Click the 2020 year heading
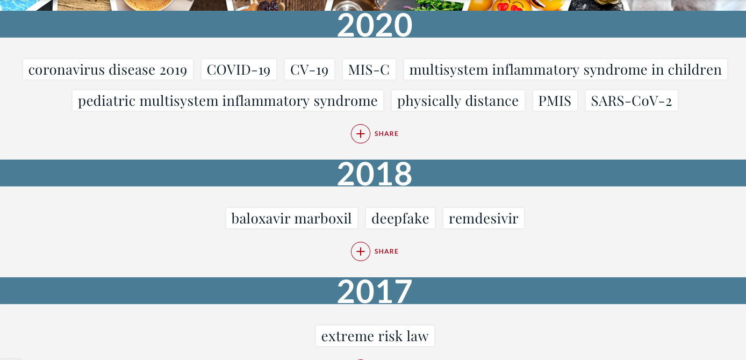[375, 25]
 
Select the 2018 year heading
[375, 174]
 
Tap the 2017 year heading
[375, 291]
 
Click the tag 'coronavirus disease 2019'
[108, 70]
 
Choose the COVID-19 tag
[239, 70]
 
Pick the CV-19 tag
[310, 70]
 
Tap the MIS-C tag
[369, 70]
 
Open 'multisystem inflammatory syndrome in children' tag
[565, 70]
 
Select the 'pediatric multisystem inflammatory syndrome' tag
[228, 100]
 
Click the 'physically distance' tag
[458, 100]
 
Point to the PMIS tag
[555, 100]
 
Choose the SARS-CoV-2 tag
[632, 100]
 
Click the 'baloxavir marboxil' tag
[292, 219]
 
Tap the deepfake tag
[400, 219]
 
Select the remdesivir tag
[484, 219]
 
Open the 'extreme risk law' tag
[375, 336]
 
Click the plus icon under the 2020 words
[360, 134]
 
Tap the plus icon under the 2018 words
[360, 251]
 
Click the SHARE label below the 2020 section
[386, 134]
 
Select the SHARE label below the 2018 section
[386, 251]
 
